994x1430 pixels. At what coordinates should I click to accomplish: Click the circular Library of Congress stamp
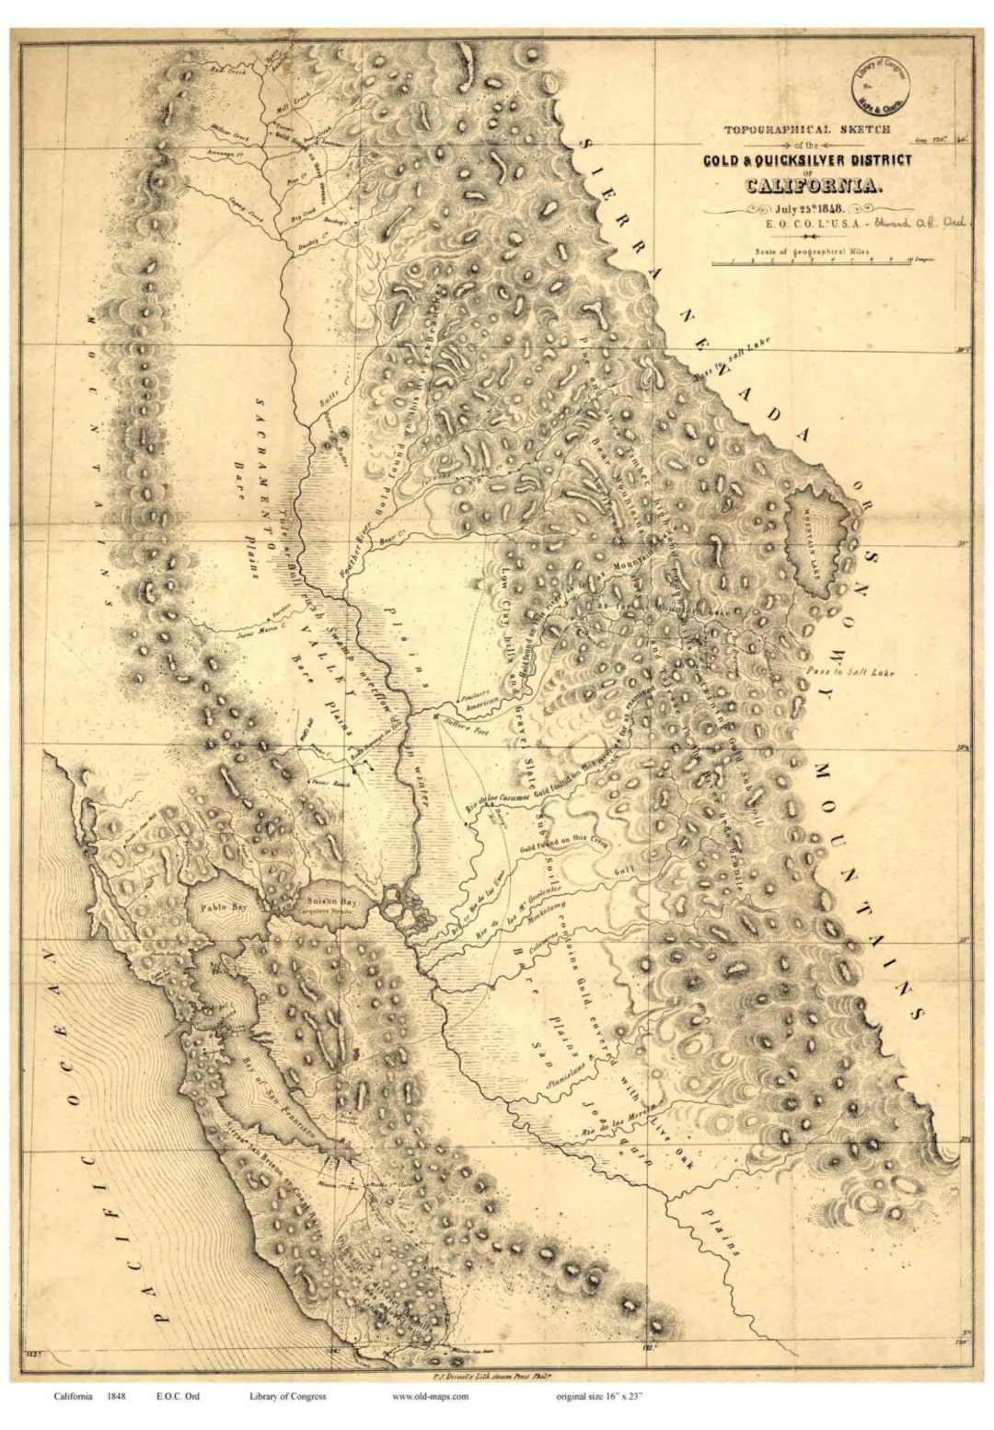878,78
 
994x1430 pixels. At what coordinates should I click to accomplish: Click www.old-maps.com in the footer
430,1396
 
